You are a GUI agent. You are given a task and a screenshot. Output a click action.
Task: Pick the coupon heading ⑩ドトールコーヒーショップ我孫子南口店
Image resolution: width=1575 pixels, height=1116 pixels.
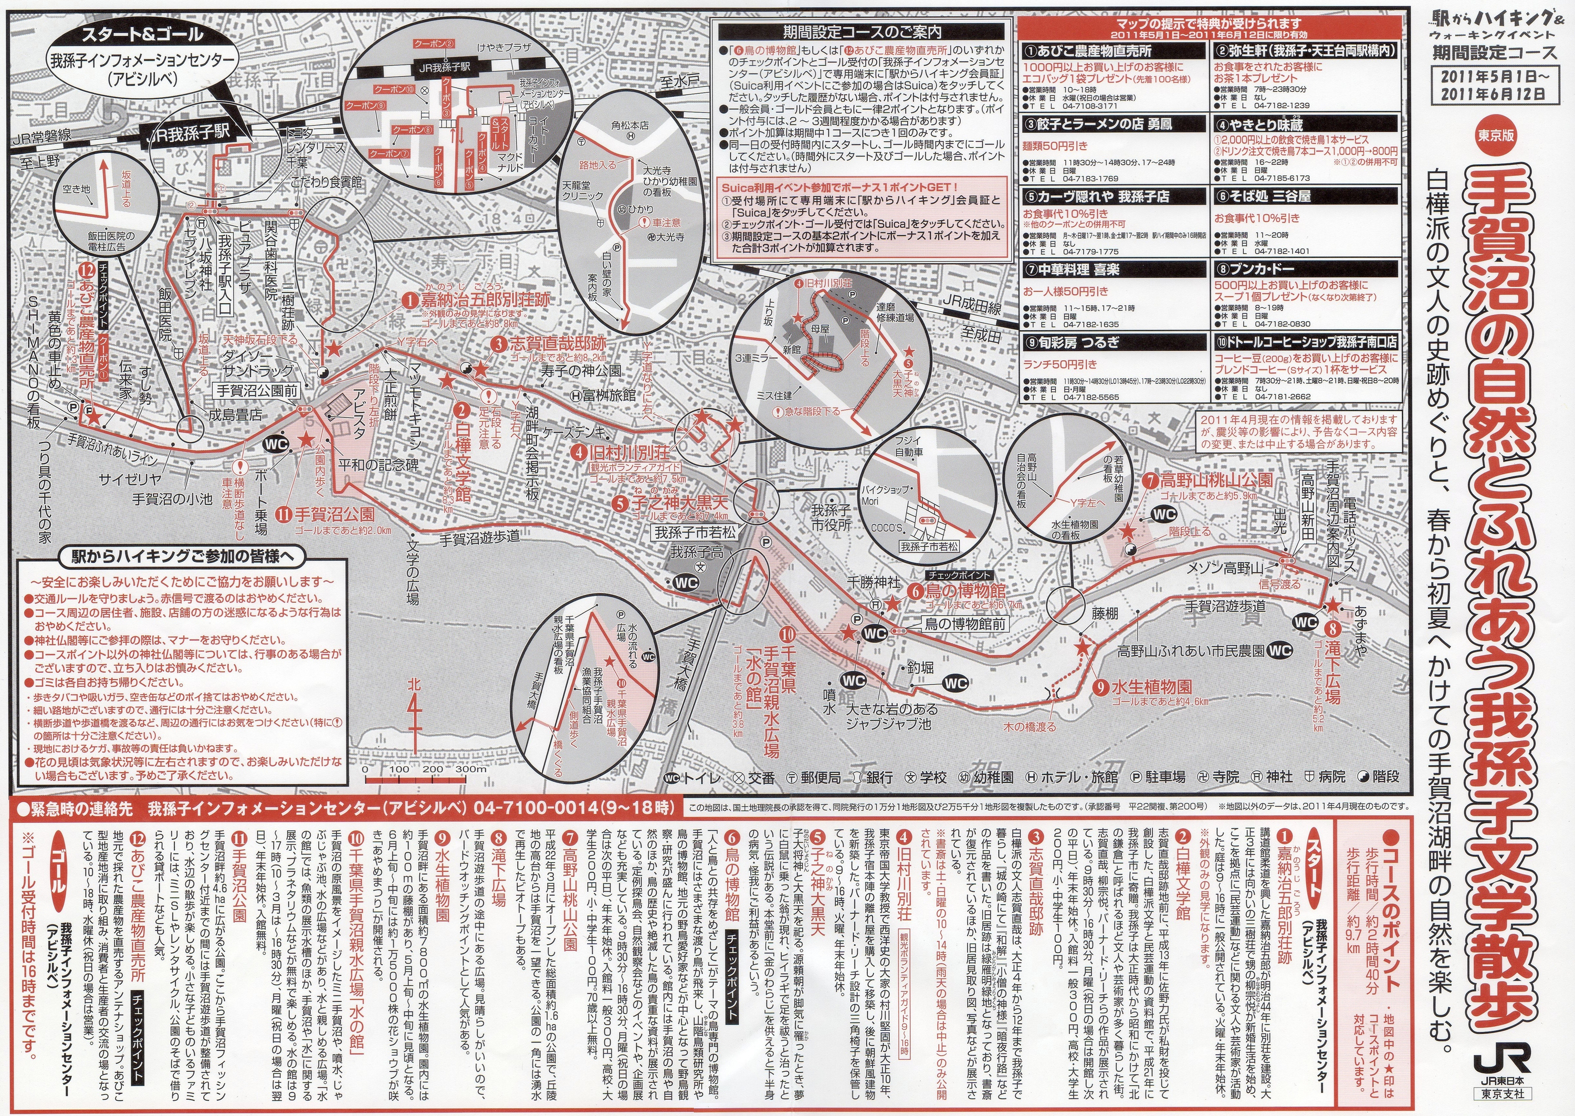(1305, 341)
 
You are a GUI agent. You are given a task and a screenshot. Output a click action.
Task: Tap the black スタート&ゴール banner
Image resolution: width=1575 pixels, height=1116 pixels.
(142, 33)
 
